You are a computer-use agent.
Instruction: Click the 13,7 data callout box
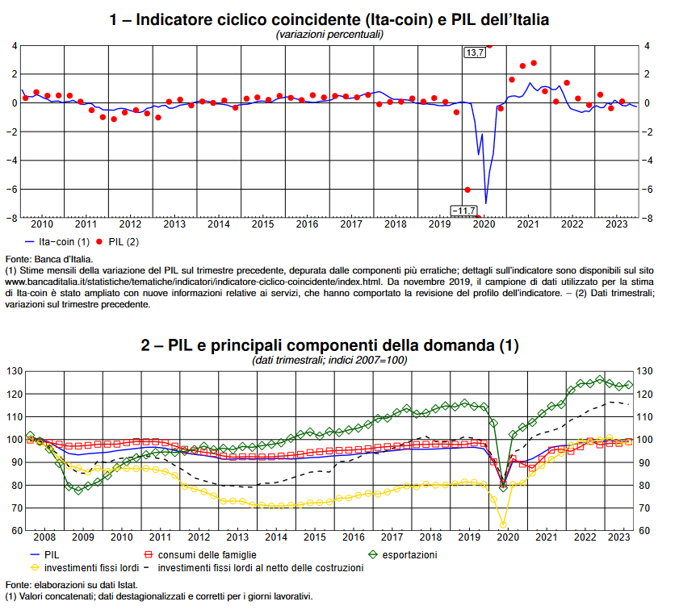(x=474, y=52)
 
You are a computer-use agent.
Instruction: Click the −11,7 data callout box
(x=464, y=211)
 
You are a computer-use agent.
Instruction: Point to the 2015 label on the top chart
(x=262, y=224)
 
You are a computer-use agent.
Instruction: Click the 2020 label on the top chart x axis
(x=483, y=224)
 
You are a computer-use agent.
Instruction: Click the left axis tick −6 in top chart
(x=13, y=189)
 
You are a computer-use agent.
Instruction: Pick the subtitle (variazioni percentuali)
(x=329, y=34)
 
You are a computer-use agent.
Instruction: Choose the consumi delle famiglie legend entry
(x=207, y=554)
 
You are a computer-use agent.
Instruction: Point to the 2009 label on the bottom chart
(x=83, y=537)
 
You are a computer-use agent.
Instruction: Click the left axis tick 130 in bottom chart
(x=12, y=371)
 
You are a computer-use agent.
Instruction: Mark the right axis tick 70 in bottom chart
(x=645, y=508)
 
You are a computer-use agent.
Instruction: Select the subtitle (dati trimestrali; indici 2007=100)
(x=329, y=360)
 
